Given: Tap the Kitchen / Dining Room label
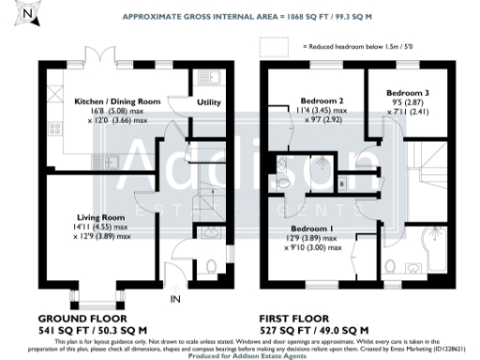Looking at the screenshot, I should click(x=117, y=100).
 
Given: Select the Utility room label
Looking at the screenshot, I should click(x=207, y=102).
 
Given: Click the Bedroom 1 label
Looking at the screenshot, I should click(x=308, y=228).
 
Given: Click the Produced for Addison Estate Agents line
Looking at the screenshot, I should click(x=240, y=354).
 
